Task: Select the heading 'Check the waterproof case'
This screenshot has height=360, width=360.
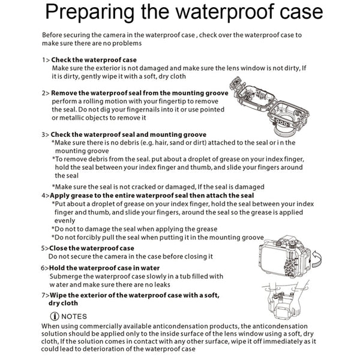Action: click(x=94, y=60)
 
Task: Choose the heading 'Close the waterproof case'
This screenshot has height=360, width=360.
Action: click(x=92, y=248)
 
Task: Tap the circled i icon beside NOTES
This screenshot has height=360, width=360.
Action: click(x=55, y=316)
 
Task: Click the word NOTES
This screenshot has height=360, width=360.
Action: click(x=74, y=316)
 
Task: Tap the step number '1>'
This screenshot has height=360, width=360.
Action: click(x=46, y=60)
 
